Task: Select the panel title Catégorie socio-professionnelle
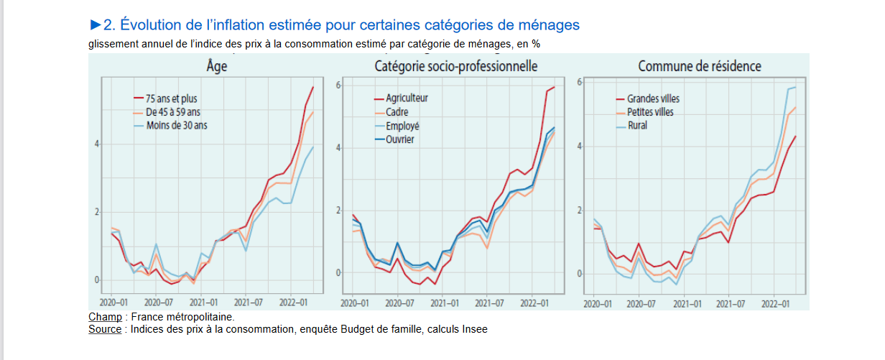click(456, 66)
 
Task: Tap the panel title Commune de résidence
click(700, 66)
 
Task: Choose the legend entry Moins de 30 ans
click(176, 125)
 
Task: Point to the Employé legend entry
click(402, 126)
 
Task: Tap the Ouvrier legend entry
click(400, 139)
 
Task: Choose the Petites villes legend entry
click(651, 112)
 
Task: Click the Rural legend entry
click(637, 126)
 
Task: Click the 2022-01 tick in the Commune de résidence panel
click(774, 303)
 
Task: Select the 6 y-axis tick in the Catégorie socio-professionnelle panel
click(338, 86)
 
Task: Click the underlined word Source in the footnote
click(105, 330)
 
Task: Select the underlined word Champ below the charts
click(105, 317)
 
